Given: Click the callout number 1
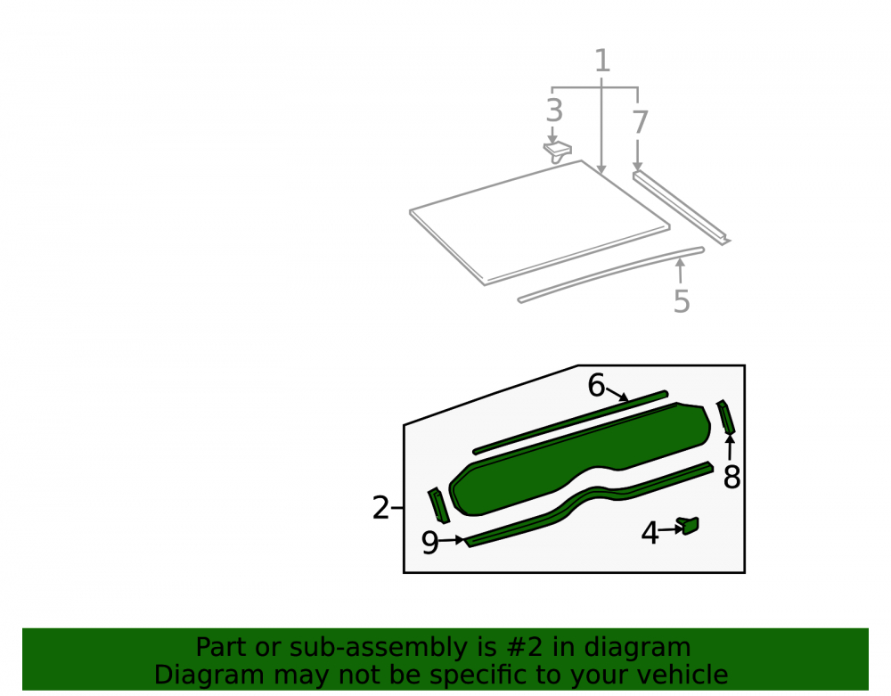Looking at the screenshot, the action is point(602,61).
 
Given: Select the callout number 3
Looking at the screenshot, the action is point(554,111).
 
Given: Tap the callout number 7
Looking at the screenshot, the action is point(641,122).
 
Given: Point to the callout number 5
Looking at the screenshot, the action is point(682,301).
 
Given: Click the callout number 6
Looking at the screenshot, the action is point(596,385).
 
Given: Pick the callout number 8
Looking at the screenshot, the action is point(732,477).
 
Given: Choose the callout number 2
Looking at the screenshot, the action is point(380,507).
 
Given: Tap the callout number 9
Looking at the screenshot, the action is point(430,543).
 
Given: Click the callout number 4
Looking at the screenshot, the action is point(650,533).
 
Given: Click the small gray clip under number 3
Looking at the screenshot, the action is point(558,151).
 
